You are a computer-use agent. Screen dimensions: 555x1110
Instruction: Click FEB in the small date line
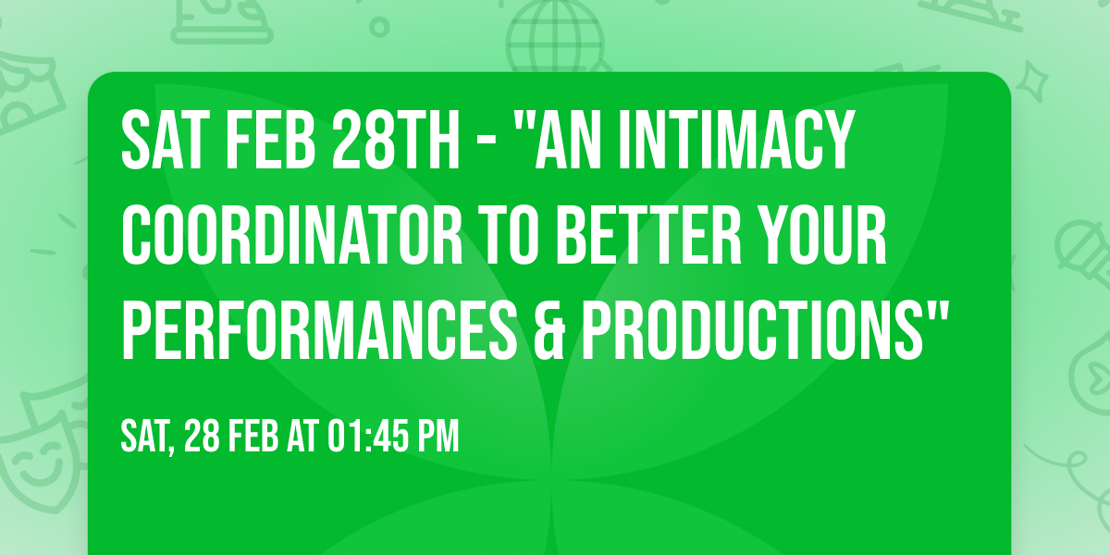coord(251,435)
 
